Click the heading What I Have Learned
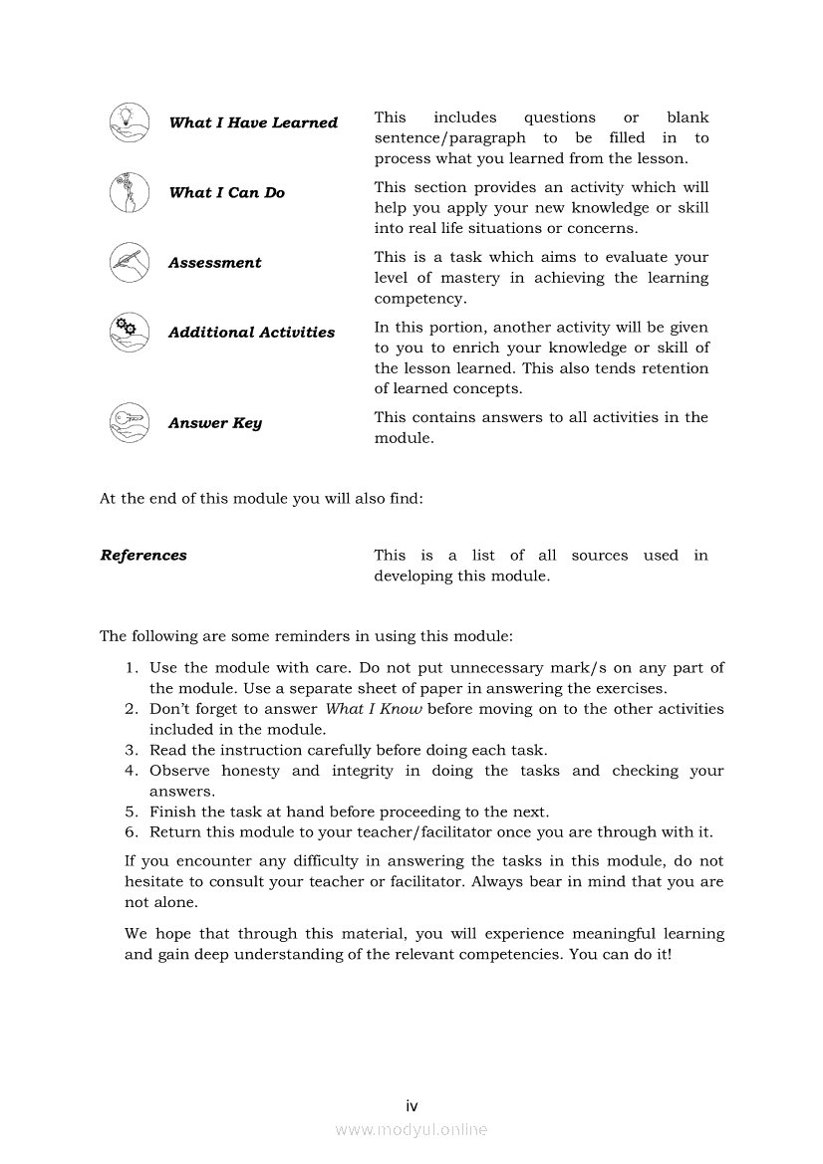coord(253,122)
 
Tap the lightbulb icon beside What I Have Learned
coord(130,122)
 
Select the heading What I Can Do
coord(226,192)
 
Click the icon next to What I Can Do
coord(130,192)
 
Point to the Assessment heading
coord(214,263)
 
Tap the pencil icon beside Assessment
coord(130,263)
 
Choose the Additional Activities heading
coord(251,333)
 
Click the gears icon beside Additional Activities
coord(130,333)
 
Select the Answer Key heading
coord(214,423)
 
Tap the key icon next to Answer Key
coord(130,423)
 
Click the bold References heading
coord(143,556)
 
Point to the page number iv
coord(411,1105)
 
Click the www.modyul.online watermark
coord(411,1129)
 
